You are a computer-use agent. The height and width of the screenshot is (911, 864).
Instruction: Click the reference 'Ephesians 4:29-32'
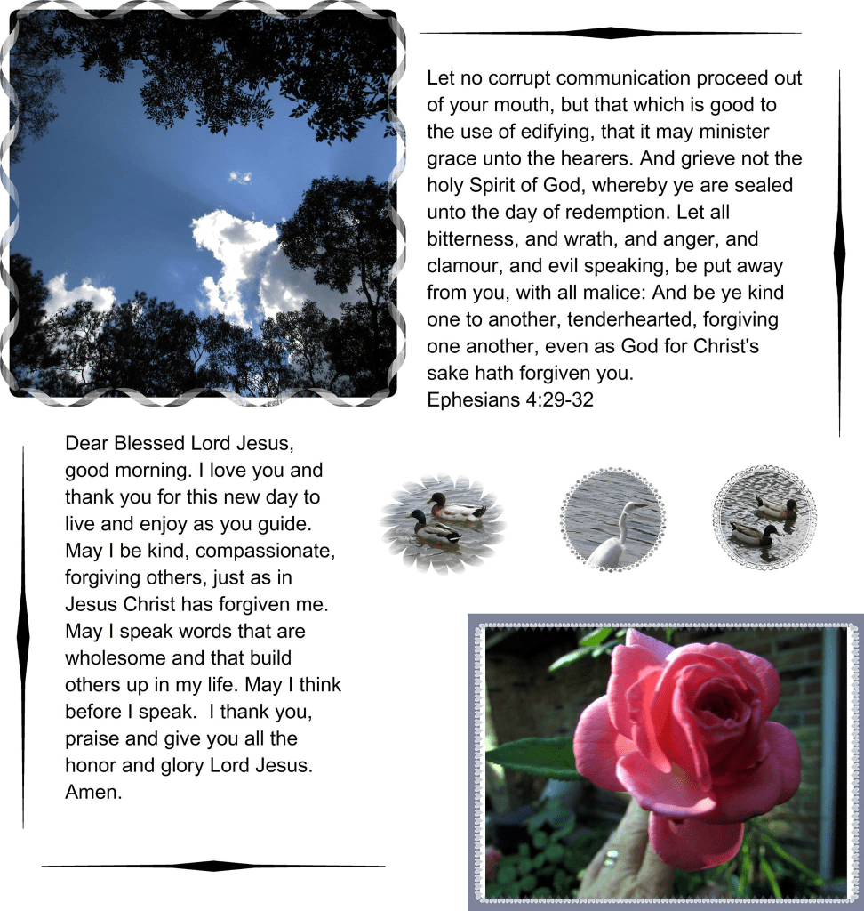click(x=509, y=399)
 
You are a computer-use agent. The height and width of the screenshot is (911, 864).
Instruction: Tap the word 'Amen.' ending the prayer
click(x=93, y=792)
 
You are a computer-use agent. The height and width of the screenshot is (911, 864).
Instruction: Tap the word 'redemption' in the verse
click(x=619, y=213)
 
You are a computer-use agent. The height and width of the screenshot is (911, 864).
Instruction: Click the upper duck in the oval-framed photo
click(x=457, y=509)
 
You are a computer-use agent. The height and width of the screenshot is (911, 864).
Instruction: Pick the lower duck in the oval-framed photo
click(x=434, y=529)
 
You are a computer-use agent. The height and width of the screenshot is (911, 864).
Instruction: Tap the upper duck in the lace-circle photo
click(x=775, y=507)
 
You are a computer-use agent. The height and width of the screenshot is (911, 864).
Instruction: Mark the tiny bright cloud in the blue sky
click(x=239, y=177)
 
